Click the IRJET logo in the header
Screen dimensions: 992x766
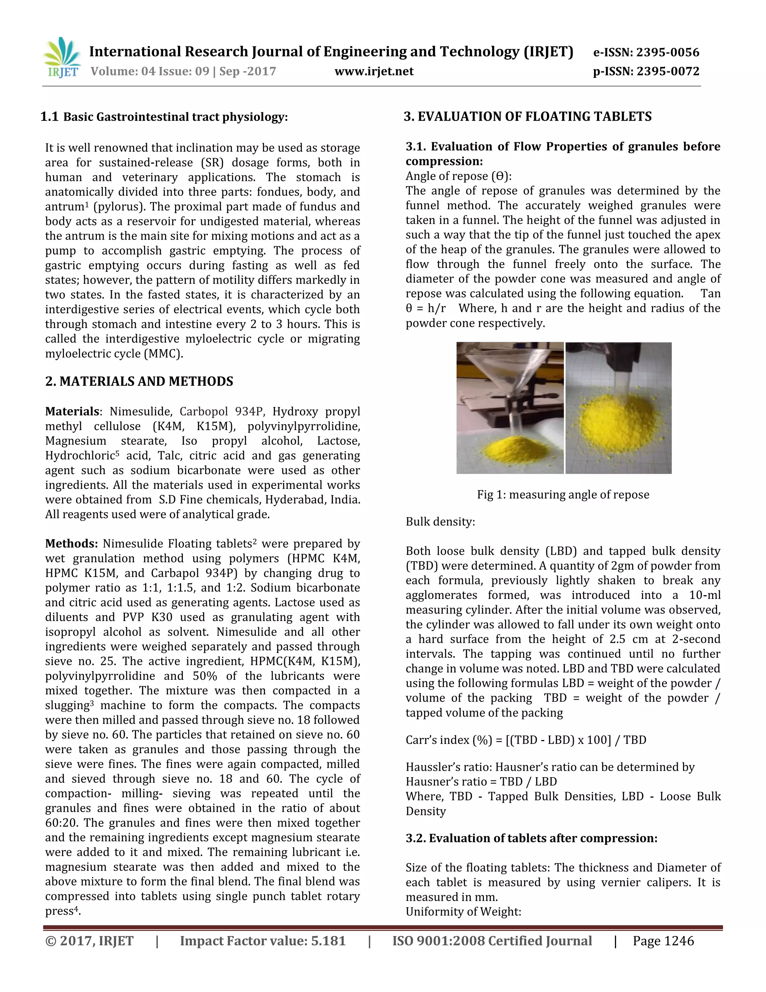pyautogui.click(x=62, y=58)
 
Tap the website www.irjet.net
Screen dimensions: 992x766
pyautogui.click(x=374, y=71)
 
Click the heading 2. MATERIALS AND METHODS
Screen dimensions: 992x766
pyautogui.click(x=139, y=381)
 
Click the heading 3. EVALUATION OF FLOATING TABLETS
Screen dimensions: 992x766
pyautogui.click(x=527, y=117)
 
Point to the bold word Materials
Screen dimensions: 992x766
pyautogui.click(x=72, y=411)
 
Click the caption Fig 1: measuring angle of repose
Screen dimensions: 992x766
pyautogui.click(x=563, y=495)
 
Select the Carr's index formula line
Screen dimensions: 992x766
pyautogui.click(x=526, y=740)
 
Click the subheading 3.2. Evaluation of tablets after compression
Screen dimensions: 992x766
pyautogui.click(x=531, y=838)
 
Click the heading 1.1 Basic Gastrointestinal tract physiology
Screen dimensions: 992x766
pyautogui.click(x=164, y=117)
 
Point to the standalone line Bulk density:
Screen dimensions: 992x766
pyautogui.click(x=440, y=521)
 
